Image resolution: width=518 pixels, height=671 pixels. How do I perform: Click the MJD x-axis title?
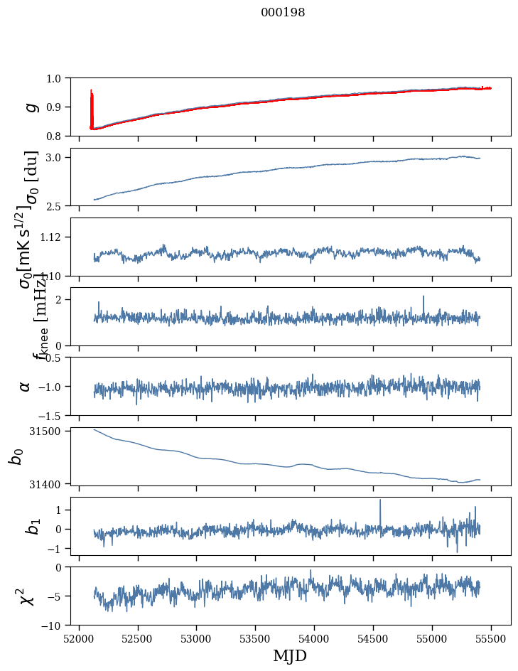[x=290, y=656]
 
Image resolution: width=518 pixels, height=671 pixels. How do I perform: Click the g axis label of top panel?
[x=31, y=107]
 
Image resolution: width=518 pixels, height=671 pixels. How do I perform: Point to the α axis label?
[x=25, y=386]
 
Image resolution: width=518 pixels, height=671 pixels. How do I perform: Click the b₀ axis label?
[x=16, y=456]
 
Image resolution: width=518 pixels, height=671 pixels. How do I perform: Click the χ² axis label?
[x=28, y=596]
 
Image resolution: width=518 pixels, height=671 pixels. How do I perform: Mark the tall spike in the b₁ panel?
[x=380, y=501]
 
